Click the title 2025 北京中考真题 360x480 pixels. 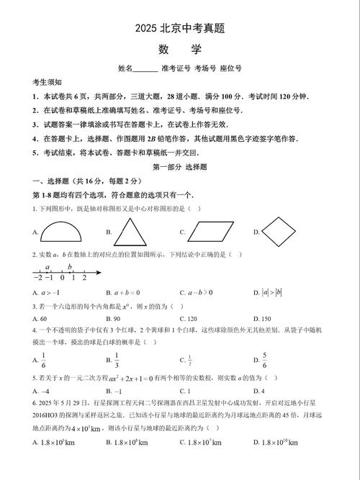click(179, 29)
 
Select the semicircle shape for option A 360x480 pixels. click(63, 232)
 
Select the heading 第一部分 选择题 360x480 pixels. click(179, 166)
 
